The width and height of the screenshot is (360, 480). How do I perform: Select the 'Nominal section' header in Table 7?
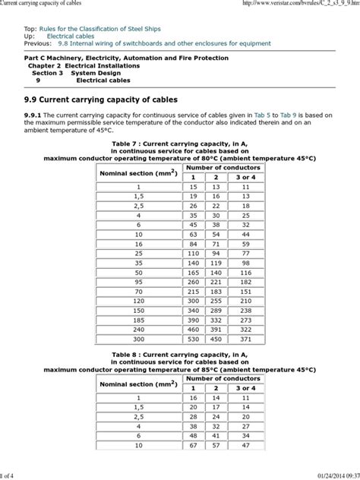click(138, 172)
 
